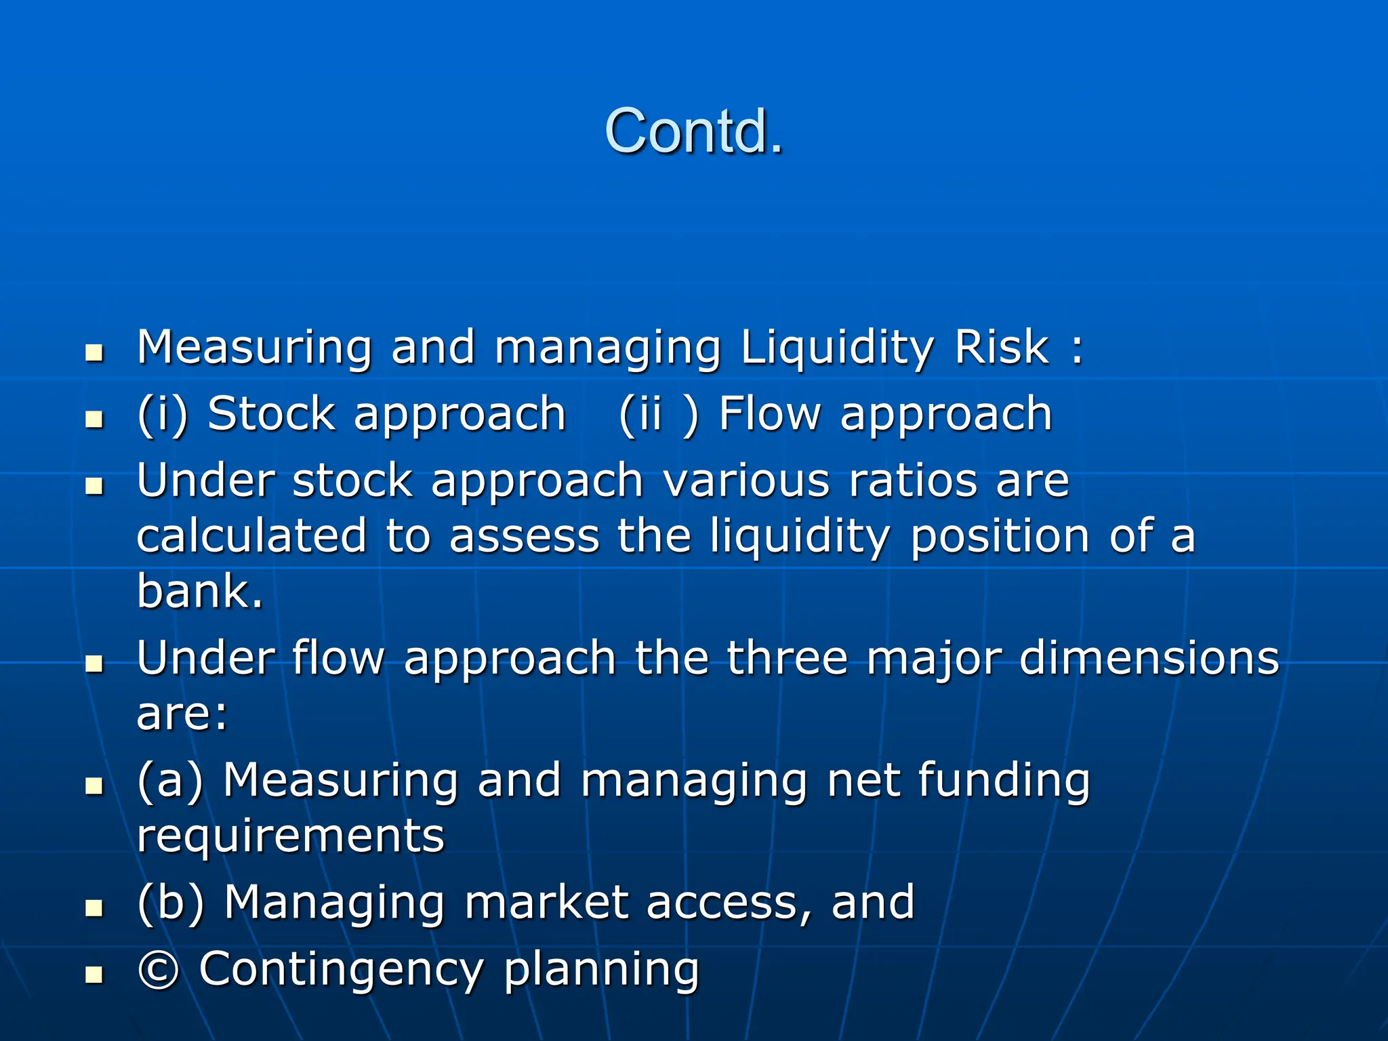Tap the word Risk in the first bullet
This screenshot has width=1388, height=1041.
click(1002, 348)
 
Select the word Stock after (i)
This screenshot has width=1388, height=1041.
click(271, 413)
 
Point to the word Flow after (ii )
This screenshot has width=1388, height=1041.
click(769, 413)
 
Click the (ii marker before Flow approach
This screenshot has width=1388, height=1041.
click(640, 413)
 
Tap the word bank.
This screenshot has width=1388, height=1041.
click(199, 591)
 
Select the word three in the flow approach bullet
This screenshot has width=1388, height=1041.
click(787, 658)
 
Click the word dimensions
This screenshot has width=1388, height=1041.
click(1149, 658)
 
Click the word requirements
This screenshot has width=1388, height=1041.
click(291, 836)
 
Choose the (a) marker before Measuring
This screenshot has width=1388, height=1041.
click(170, 781)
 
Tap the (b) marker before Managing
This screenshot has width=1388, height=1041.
click(170, 903)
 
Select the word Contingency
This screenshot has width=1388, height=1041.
click(341, 970)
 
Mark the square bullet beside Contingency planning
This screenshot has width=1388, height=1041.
click(94, 975)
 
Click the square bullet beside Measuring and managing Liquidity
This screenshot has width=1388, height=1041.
click(94, 352)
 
